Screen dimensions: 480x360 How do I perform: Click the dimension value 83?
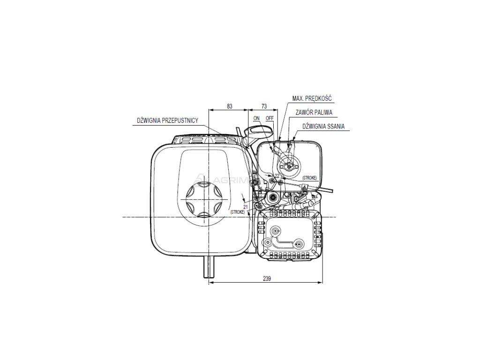point(229,106)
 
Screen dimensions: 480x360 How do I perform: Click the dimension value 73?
point(264,106)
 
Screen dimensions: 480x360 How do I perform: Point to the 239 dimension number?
point(266,278)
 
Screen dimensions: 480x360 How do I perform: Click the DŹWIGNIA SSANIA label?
point(324,126)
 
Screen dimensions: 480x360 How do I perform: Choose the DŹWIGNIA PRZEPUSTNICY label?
point(167,120)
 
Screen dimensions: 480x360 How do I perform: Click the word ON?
point(256,118)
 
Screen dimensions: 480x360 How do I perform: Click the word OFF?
point(269,118)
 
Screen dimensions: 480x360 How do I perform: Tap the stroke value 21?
point(246,207)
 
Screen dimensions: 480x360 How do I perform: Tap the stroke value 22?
point(277,176)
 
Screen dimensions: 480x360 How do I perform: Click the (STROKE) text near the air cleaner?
point(310,178)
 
